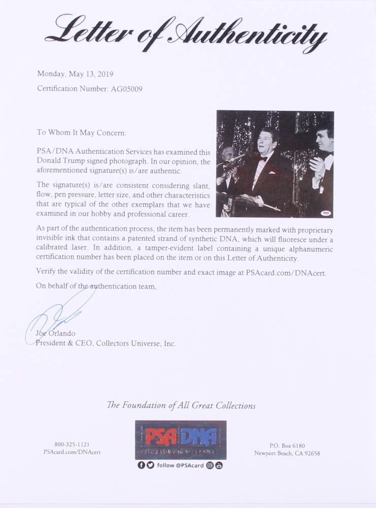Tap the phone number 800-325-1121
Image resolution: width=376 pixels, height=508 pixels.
pyautogui.click(x=72, y=444)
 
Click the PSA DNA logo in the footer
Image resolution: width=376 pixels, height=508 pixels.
pyautogui.click(x=180, y=440)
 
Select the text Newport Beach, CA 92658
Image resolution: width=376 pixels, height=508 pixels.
pyautogui.click(x=287, y=453)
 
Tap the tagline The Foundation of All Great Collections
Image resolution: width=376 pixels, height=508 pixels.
pyautogui.click(x=181, y=405)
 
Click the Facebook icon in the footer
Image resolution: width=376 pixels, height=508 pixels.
pyautogui.click(x=141, y=465)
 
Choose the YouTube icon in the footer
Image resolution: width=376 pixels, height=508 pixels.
pyautogui.click(x=219, y=465)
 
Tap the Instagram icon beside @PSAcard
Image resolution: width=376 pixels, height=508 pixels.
pyautogui.click(x=210, y=465)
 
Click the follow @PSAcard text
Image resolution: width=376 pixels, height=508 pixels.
pyautogui.click(x=179, y=465)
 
